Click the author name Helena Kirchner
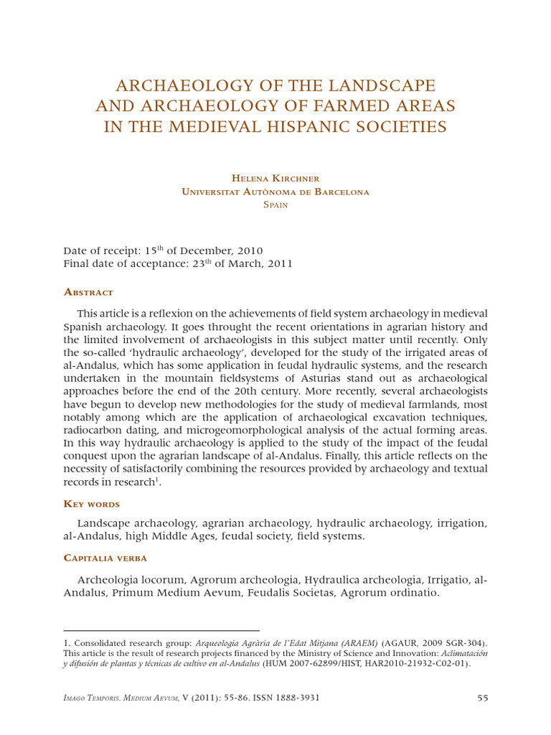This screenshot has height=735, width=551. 275,177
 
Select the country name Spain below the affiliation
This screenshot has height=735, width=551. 275,205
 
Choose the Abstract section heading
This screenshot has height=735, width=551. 89,292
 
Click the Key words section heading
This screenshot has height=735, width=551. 92,504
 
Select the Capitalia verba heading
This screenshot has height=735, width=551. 105,558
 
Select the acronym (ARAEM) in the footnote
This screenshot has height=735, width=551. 359,643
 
